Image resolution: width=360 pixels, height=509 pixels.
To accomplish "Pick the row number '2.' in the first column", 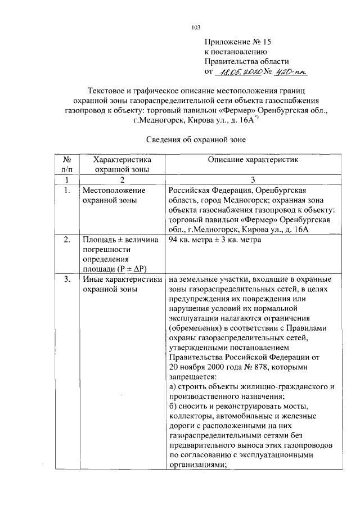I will click(x=67, y=240).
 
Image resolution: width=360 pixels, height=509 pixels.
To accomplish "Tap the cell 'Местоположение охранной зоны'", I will click(x=114, y=196).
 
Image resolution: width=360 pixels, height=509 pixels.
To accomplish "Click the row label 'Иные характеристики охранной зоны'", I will click(x=122, y=283).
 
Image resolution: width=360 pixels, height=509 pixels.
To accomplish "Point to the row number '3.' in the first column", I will click(x=67, y=279).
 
